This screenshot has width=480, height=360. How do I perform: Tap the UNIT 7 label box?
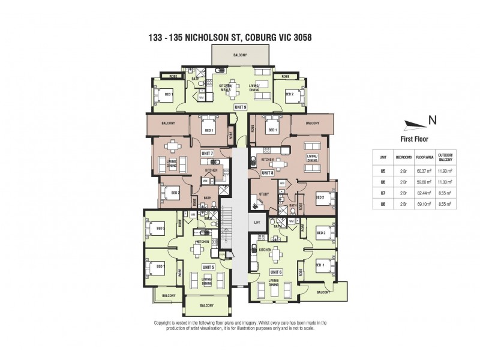click(x=207, y=154)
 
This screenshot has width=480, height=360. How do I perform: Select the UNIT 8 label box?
click(x=268, y=172)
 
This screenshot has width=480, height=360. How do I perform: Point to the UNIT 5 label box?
click(x=208, y=266)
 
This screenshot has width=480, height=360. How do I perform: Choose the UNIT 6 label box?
click(x=276, y=272)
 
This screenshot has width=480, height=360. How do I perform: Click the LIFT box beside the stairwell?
click(x=257, y=221)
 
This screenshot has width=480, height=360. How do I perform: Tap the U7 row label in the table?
click(x=383, y=193)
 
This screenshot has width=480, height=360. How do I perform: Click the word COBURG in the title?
click(x=248, y=37)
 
